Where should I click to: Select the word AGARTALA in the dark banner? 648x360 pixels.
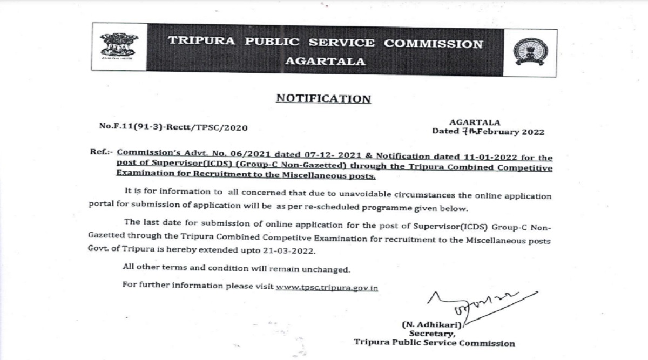325,61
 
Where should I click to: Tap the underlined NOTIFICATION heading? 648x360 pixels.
323,99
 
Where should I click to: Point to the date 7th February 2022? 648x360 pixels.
488,131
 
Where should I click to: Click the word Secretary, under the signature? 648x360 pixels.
431,334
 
